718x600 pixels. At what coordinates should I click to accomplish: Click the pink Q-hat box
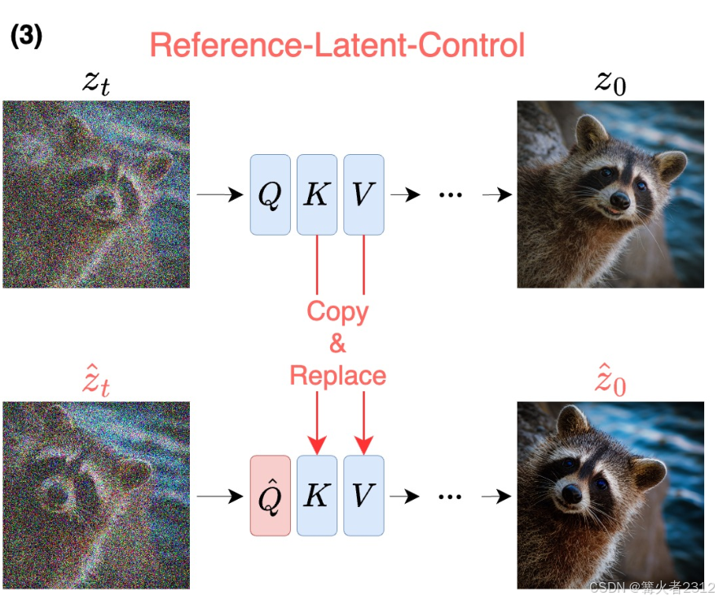(x=270, y=495)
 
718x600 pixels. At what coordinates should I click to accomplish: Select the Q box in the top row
(x=270, y=195)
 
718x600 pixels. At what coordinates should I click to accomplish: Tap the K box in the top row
(x=316, y=195)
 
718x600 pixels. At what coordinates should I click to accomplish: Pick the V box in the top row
(x=363, y=195)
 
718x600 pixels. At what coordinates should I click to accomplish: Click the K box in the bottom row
(x=316, y=495)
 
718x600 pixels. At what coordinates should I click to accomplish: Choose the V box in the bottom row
(x=363, y=495)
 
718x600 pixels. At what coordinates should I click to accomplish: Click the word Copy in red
(x=337, y=311)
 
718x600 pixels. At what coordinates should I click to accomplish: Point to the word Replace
(x=337, y=376)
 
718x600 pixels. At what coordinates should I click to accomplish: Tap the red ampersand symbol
(x=337, y=343)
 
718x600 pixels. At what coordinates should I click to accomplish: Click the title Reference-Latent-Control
(x=337, y=45)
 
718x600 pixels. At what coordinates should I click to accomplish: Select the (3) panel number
(x=27, y=37)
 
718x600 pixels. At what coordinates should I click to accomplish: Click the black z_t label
(x=95, y=82)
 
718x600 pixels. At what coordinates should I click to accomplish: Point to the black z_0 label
(x=610, y=82)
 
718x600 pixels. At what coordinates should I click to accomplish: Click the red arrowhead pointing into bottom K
(x=316, y=445)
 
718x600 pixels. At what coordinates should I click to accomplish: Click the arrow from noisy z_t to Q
(x=220, y=195)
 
